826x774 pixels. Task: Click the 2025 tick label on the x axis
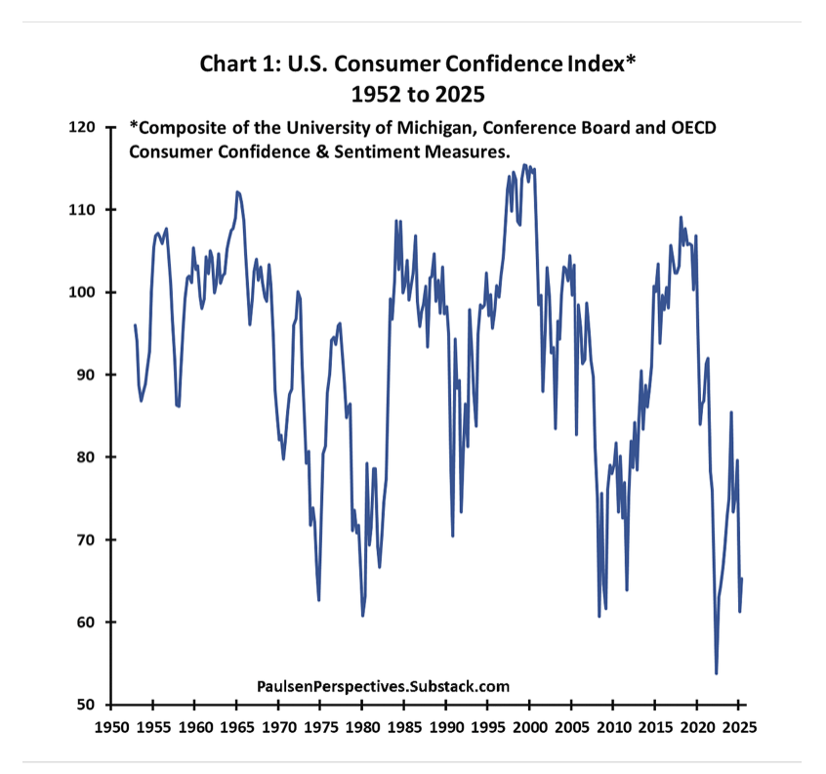[x=738, y=728]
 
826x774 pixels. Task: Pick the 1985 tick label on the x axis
[x=404, y=728]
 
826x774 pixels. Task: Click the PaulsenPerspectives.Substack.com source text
[x=383, y=687]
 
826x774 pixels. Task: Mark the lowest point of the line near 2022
[x=717, y=673]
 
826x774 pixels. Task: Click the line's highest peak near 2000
[x=525, y=164]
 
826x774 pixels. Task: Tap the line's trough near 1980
[x=362, y=616]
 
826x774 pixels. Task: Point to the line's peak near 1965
[x=238, y=192]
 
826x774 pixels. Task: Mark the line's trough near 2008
[x=599, y=617]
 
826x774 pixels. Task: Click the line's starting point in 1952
[x=135, y=324]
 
